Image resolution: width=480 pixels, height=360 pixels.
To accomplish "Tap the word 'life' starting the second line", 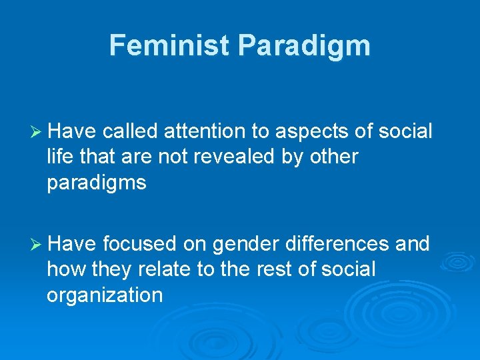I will (x=58, y=157).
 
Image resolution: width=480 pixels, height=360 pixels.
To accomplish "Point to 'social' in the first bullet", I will (x=405, y=132).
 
